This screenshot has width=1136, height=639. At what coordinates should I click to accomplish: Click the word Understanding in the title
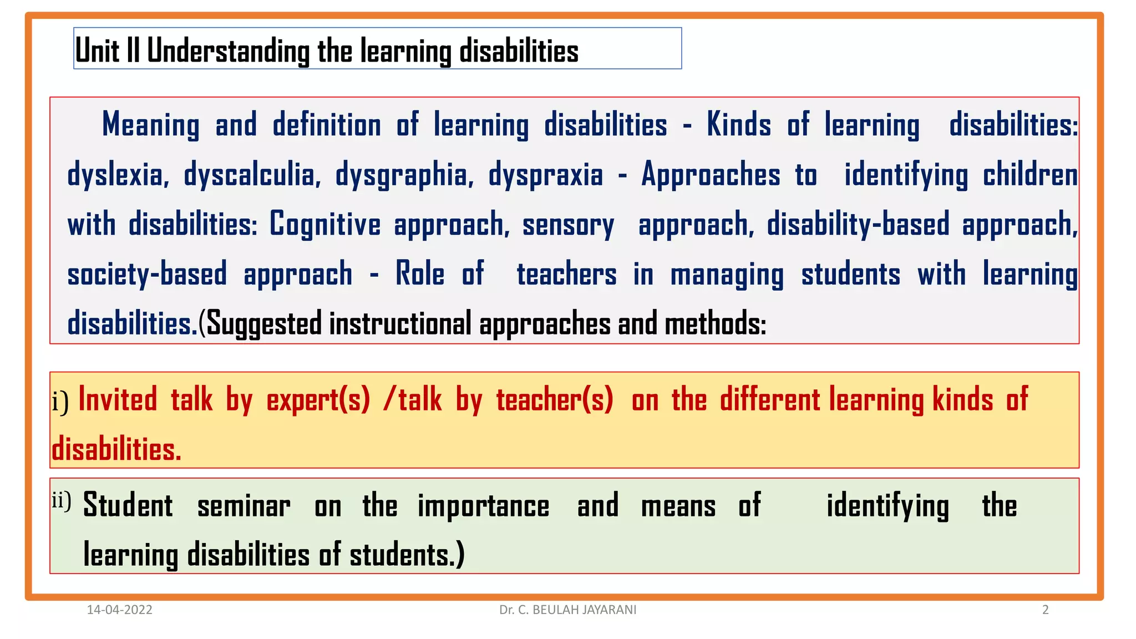(228, 51)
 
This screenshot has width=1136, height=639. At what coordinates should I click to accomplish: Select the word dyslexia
(117, 175)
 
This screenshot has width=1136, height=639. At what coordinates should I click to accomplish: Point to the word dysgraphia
(404, 175)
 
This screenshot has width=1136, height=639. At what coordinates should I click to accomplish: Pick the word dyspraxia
(545, 175)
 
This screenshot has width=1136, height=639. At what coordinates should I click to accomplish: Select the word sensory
(568, 225)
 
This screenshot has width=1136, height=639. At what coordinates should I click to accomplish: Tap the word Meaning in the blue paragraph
(151, 125)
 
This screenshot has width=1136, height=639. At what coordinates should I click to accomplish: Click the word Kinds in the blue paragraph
(739, 124)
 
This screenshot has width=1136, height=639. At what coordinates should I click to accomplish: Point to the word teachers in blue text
(566, 275)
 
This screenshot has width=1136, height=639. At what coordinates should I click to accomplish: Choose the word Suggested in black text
(263, 324)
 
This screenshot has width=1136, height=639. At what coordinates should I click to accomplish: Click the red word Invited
(118, 399)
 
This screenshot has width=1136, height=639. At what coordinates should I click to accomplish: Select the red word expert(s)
(318, 400)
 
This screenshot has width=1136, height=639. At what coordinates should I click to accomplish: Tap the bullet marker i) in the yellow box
(60, 402)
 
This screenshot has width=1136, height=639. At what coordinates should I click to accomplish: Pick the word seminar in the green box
(244, 506)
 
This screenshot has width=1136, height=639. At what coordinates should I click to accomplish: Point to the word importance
(483, 506)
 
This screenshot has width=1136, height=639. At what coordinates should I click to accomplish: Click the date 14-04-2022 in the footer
(120, 610)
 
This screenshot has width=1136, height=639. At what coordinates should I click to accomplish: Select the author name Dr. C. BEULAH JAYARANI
(567, 610)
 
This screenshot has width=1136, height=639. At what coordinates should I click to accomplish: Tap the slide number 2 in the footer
(1045, 610)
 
